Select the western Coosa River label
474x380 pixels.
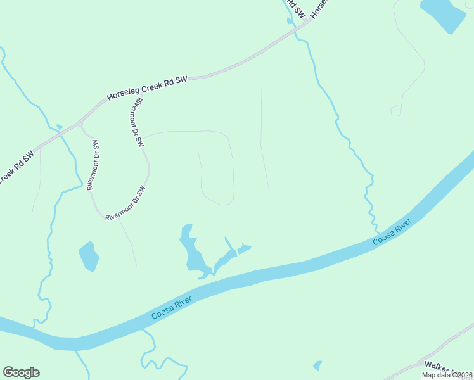coord(171,307)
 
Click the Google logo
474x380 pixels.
coord(21,372)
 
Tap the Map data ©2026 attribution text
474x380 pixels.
coord(447,375)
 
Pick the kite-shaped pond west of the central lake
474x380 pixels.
coord(89,256)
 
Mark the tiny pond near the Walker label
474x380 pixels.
coord(317,365)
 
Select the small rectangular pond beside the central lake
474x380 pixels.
coord(244,249)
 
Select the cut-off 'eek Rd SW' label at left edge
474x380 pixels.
coord(16,166)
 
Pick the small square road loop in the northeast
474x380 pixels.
coord(395,110)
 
